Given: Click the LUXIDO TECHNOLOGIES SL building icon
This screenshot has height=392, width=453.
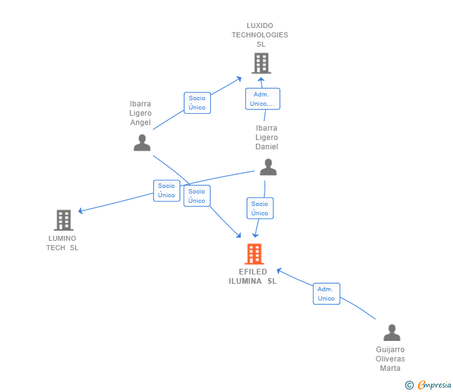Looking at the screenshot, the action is (261, 63).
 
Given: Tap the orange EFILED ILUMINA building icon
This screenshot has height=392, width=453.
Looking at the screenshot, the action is (255, 254).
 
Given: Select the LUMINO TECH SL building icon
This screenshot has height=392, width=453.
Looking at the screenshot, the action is (63, 220).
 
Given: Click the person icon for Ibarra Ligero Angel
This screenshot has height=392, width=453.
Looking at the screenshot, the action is (142, 142).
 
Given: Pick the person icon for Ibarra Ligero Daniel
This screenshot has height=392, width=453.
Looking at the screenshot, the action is (268, 167).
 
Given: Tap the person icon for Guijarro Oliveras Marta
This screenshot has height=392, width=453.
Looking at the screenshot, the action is (392, 332).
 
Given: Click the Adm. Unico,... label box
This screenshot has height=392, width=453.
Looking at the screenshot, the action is (263, 99).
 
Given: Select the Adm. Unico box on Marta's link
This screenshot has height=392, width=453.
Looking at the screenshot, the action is (327, 294).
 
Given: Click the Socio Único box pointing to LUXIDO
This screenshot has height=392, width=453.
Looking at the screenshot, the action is (197, 103).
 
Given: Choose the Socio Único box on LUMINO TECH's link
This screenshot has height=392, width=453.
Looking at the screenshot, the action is (167, 190).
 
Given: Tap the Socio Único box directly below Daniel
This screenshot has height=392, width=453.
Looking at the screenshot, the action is (260, 208).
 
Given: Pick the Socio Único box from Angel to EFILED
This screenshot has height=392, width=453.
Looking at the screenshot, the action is (197, 196).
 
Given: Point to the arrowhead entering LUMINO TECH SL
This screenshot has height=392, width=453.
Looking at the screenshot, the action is (80, 211).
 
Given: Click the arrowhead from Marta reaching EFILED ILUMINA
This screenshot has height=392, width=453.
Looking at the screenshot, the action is (279, 271).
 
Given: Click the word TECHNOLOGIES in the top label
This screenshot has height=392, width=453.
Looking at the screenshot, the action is (259, 35).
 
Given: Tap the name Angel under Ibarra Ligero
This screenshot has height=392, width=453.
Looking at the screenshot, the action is (141, 123).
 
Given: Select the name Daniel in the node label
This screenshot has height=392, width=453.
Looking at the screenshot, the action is (267, 147).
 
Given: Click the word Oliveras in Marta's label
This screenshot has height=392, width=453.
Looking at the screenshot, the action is (390, 359).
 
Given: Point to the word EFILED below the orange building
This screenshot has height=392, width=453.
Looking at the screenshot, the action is (253, 272).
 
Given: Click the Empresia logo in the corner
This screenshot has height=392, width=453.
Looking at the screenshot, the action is (428, 385).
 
